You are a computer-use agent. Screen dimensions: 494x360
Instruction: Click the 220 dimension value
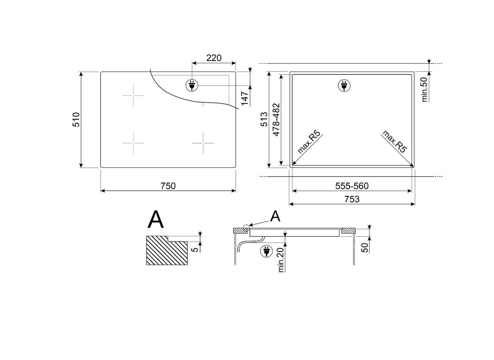pyautogui.click(x=214, y=58)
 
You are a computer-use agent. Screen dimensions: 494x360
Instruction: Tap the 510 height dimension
pyautogui.click(x=76, y=119)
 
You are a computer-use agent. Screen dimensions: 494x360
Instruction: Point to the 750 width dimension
pyautogui.click(x=168, y=186)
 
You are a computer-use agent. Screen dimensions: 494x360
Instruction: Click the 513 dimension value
pyautogui.click(x=264, y=119)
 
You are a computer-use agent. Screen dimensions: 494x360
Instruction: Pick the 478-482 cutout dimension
pyautogui.click(x=276, y=119)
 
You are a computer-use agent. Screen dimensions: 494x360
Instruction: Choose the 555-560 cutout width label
pyautogui.click(x=352, y=186)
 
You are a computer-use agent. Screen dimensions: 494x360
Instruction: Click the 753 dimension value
pyautogui.click(x=352, y=199)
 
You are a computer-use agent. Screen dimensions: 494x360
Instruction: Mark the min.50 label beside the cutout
pyautogui.click(x=425, y=89)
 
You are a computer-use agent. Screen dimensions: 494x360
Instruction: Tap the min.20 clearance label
pyautogui.click(x=281, y=259)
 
